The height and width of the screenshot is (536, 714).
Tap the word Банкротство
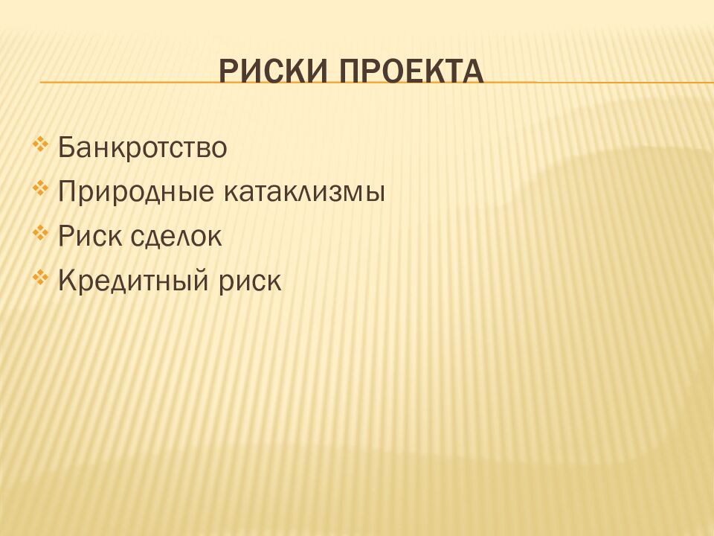pos(142,147)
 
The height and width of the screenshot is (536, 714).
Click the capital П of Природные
pos(66,193)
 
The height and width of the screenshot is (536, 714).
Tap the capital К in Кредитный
pos(65,281)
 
